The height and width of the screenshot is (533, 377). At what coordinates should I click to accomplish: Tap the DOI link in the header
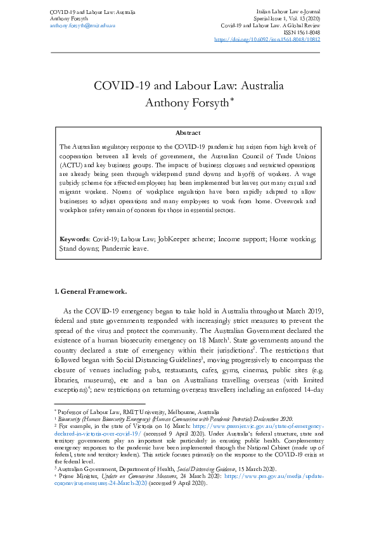[x=267, y=39]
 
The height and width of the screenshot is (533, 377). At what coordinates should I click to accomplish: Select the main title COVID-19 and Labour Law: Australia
[x=188, y=86]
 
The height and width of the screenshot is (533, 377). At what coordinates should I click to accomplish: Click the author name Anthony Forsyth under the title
[x=186, y=102]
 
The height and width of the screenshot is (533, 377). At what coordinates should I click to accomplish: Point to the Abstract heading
[x=188, y=133]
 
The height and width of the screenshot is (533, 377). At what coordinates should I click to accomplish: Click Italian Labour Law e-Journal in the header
[x=288, y=12]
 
